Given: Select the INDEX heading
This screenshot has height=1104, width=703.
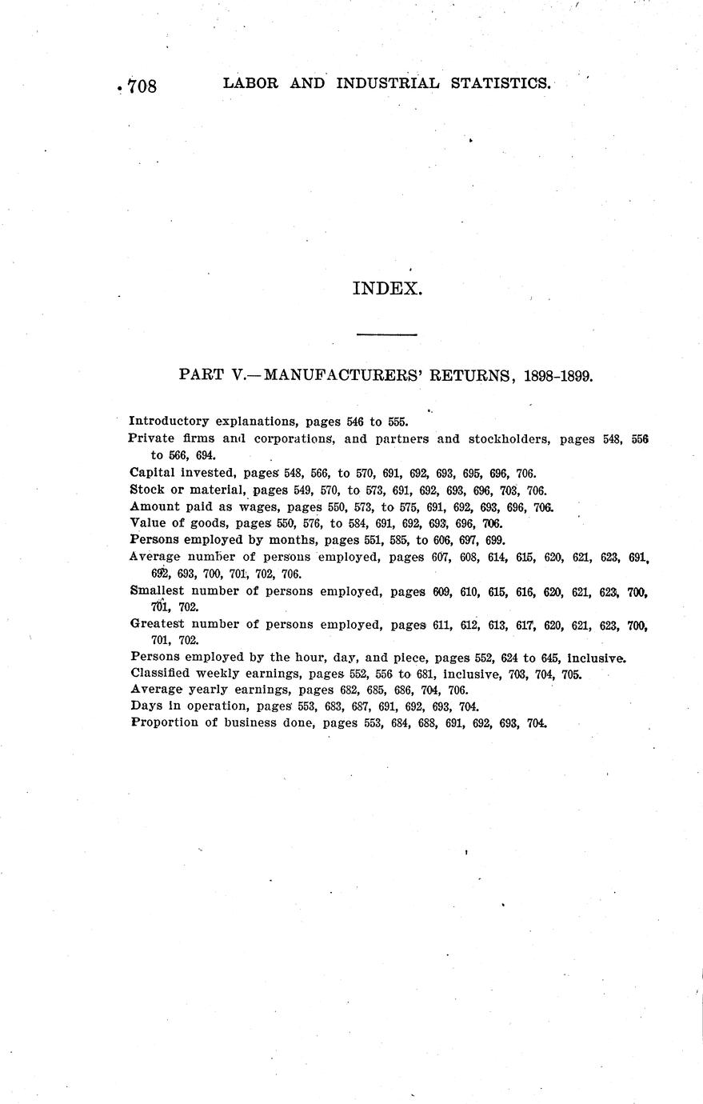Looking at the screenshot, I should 386,289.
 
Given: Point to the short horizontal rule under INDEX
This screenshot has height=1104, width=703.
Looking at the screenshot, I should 386,334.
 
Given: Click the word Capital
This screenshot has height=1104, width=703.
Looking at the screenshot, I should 153,473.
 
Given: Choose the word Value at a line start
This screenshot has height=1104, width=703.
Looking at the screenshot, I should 146,523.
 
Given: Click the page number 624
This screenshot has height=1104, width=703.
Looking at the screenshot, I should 510,658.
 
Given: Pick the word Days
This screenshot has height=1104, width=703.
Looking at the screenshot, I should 144,706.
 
